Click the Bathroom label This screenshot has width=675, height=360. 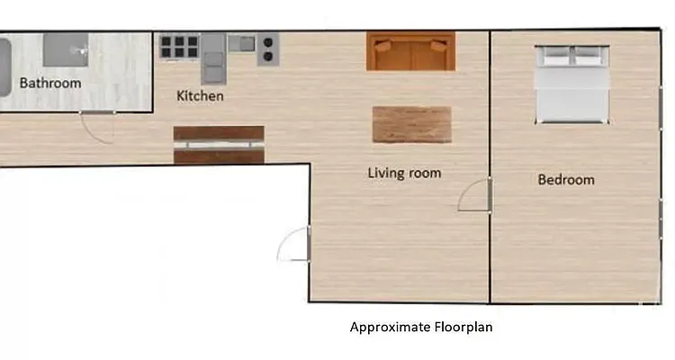click(x=50, y=83)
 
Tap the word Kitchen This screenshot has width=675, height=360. click(x=200, y=95)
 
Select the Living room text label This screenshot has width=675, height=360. click(x=404, y=172)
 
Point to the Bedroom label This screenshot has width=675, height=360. click(x=566, y=179)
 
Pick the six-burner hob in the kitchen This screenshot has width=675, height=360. click(x=180, y=45)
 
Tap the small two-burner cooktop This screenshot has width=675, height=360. click(x=267, y=49)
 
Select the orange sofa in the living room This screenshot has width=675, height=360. click(x=410, y=51)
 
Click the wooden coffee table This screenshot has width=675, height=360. click(x=411, y=124)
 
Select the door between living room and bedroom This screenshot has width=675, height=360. click(x=474, y=194)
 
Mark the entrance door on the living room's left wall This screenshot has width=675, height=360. click(x=293, y=244)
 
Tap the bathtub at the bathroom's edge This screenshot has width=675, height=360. click(x=4, y=67)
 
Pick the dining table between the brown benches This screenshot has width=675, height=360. click(x=219, y=144)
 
